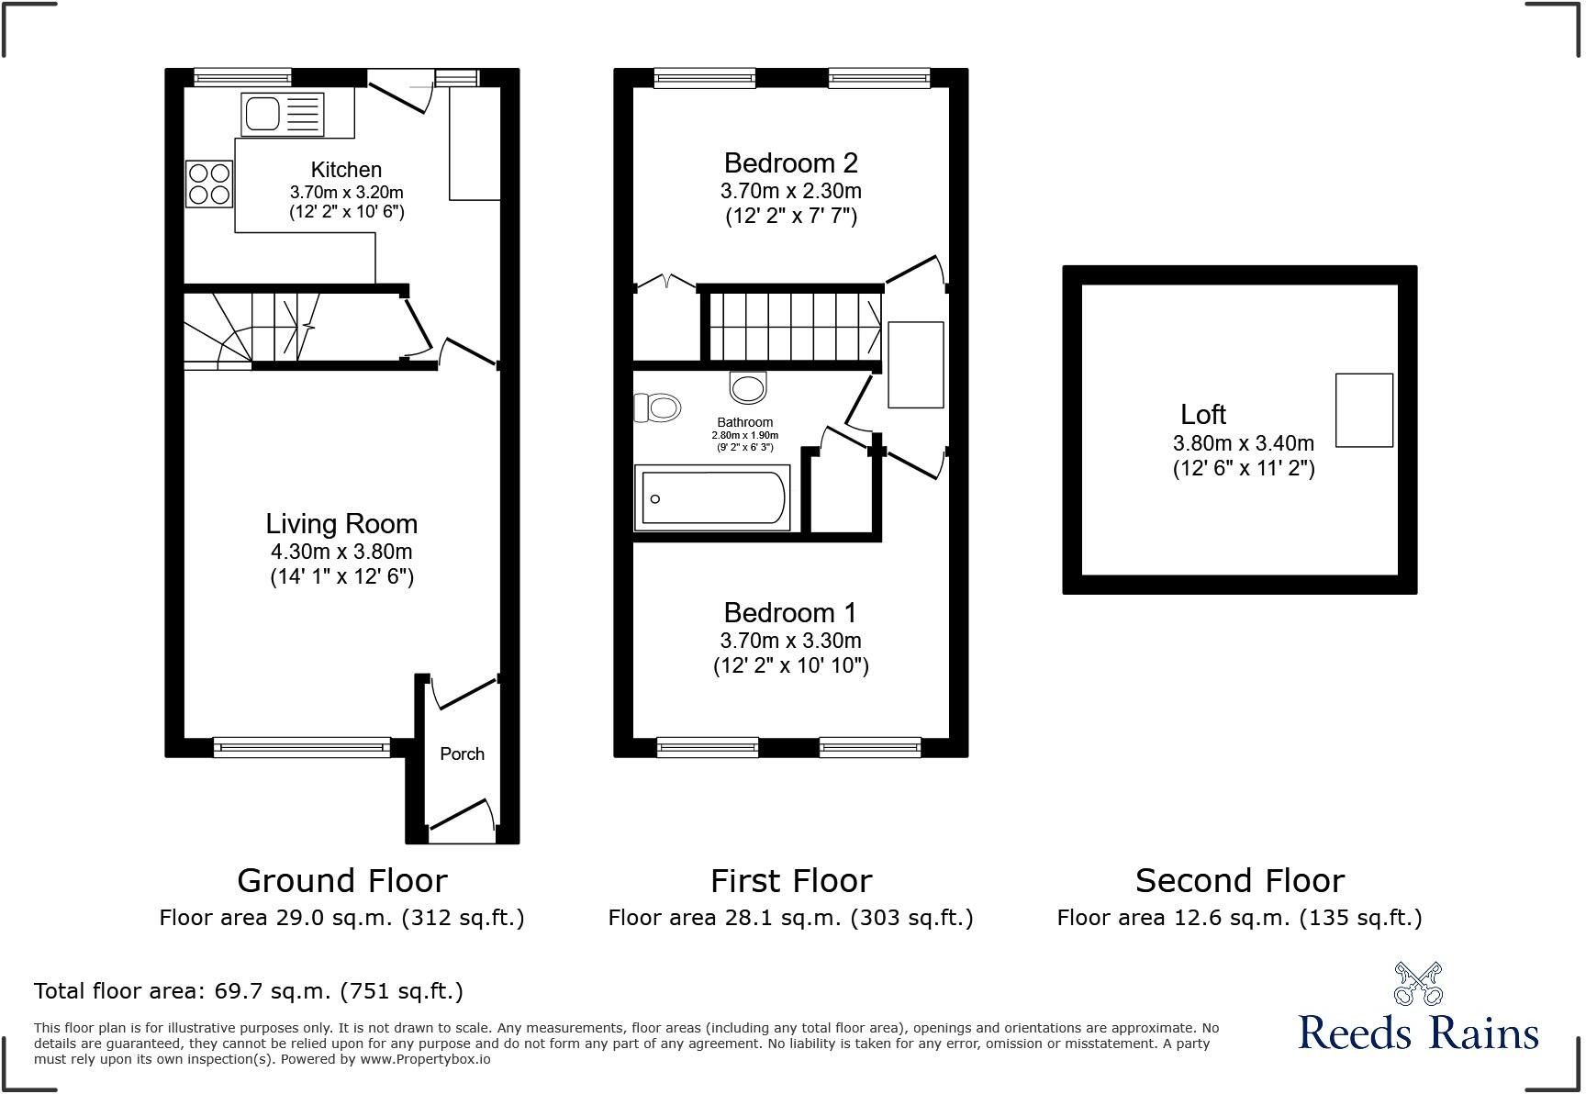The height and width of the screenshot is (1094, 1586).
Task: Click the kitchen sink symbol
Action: pos(282,115)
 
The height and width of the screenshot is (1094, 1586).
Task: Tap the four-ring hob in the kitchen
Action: pos(209,184)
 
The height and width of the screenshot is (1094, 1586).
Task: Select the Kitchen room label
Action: pos(346,170)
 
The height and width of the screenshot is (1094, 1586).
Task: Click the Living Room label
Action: pos(341,524)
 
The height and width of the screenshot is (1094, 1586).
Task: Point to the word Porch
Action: pos(462,754)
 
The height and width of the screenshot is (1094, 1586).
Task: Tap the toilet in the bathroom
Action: pos(657,407)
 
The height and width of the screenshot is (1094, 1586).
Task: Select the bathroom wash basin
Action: pos(748,387)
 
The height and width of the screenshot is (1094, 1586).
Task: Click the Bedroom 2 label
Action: pos(790,163)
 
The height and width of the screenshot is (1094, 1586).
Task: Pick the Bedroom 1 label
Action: pos(790,612)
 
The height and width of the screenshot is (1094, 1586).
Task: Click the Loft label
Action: pos(1203,415)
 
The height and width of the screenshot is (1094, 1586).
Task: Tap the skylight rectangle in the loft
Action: pos(1364,410)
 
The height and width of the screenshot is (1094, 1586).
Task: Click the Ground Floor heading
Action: pos(341,881)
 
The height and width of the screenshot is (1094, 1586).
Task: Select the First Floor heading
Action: pos(790,881)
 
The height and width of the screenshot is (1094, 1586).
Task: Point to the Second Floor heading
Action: pos(1239,881)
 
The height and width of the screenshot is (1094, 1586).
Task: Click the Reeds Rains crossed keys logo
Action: pos(1418,984)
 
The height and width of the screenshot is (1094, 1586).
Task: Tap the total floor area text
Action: pos(248,991)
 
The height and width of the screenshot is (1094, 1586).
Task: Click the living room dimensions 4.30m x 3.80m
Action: pos(341,553)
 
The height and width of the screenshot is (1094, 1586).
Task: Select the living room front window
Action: pos(302,747)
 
